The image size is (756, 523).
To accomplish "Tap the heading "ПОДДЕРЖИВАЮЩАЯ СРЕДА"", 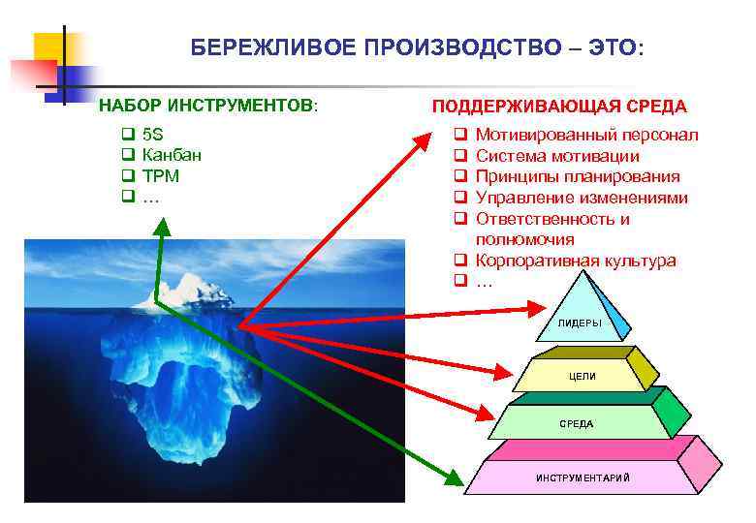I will [558, 107].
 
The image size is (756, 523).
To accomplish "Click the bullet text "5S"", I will [152, 135].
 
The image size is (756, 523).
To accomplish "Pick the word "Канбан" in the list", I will [172, 155].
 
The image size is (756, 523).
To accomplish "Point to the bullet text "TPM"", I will [160, 176].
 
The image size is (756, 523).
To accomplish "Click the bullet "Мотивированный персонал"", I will [586, 135].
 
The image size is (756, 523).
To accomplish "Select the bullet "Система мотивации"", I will [557, 156].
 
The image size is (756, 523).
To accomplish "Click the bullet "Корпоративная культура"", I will [576, 261].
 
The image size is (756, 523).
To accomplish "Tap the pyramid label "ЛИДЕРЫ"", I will [580, 323].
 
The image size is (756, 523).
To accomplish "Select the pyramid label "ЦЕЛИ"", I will [583, 376].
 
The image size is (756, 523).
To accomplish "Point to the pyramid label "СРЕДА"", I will [577, 424].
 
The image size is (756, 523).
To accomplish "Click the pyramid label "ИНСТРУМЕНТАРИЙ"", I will [583, 477].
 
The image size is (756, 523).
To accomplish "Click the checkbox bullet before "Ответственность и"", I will [461, 219].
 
